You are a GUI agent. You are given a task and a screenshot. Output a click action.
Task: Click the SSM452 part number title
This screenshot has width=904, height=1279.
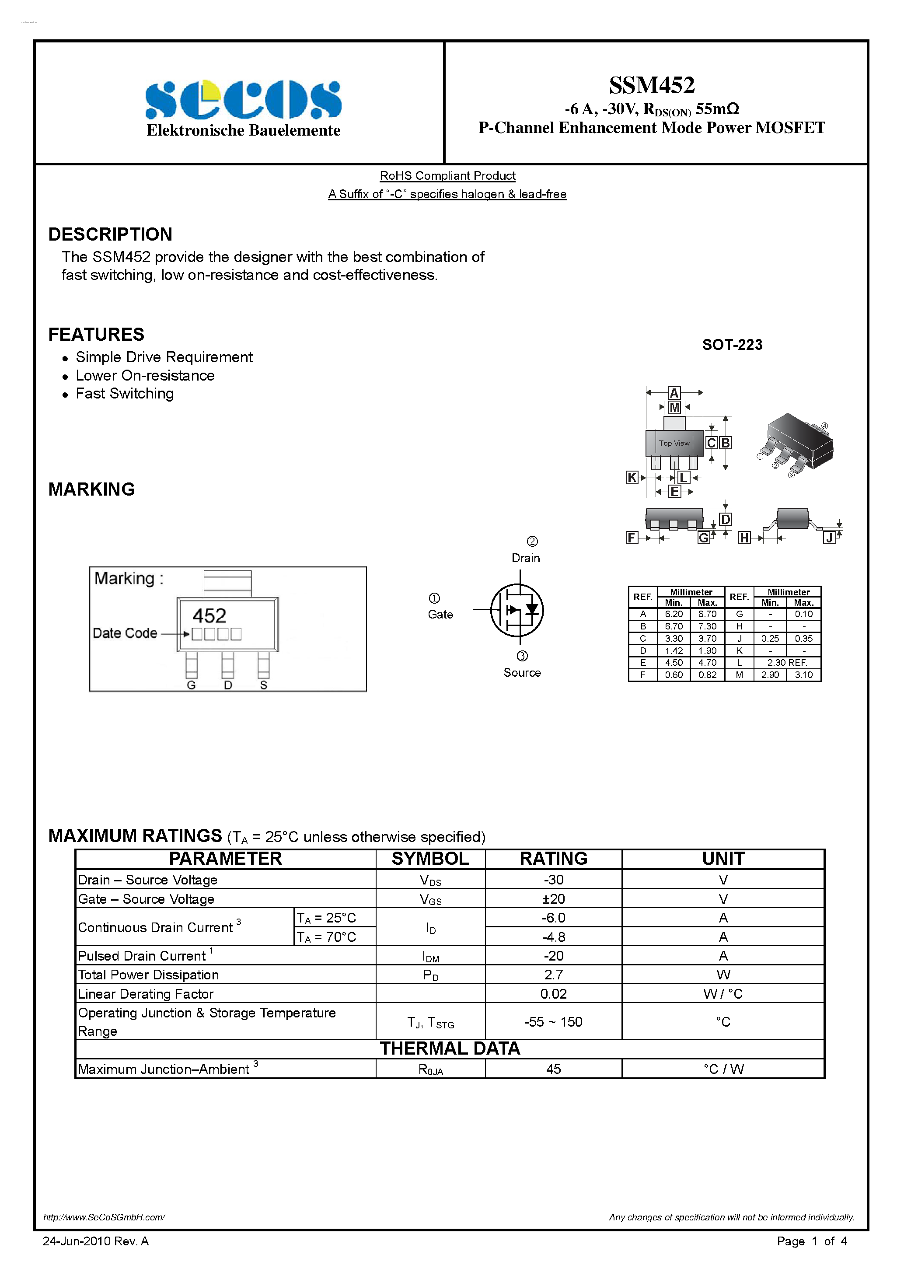[651, 85]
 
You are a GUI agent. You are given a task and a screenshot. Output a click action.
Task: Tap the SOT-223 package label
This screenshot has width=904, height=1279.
[732, 345]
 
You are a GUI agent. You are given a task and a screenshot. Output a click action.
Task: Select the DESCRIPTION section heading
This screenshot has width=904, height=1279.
[110, 234]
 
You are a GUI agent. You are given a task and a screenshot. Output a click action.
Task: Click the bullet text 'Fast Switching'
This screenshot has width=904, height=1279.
[125, 394]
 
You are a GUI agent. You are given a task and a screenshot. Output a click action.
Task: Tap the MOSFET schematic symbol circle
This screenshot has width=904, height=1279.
[517, 611]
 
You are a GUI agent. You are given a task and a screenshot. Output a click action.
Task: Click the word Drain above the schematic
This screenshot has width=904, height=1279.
[526, 558]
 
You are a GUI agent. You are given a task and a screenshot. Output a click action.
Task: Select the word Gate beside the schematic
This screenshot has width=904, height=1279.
[440, 615]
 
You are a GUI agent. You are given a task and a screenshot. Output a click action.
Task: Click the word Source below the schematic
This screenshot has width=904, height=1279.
[522, 673]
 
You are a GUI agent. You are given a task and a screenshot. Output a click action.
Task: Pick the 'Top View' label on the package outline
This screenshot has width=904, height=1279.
[674, 444]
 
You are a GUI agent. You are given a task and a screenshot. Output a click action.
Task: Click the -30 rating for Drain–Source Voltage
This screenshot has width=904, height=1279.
[553, 880]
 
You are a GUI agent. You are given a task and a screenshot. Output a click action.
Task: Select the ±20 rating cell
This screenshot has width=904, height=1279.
[553, 899]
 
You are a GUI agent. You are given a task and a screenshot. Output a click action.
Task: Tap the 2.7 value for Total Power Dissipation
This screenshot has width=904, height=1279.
[553, 975]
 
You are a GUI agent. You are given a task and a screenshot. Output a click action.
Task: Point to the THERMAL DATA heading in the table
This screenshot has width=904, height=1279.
[450, 1049]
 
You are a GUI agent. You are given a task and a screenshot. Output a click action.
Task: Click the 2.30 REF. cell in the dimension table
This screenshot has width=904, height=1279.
[786, 663]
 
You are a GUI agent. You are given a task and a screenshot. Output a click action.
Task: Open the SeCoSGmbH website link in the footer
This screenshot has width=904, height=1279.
[104, 1217]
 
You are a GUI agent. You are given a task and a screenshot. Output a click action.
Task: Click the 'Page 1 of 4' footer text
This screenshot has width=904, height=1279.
[812, 1241]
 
